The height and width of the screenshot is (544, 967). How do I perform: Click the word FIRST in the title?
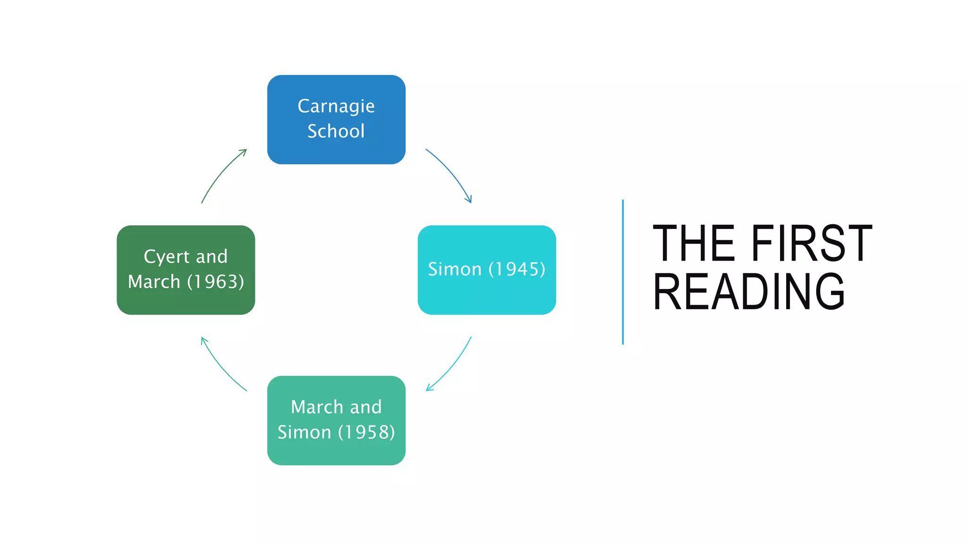click(811, 244)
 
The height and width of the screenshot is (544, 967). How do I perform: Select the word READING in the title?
click(749, 292)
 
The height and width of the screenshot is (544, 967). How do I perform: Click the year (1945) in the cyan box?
click(517, 269)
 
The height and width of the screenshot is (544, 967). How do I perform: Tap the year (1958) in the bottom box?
click(366, 432)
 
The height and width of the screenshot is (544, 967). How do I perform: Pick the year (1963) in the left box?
click(216, 282)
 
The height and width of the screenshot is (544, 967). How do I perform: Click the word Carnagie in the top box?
click(336, 107)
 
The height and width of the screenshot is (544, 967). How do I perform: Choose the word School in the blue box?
click(336, 131)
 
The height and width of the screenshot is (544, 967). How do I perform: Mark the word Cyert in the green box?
click(166, 257)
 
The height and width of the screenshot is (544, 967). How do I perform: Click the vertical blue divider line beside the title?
click(623, 272)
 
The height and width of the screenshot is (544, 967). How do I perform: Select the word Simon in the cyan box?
click(455, 269)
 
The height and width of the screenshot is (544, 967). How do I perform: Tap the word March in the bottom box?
click(317, 407)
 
